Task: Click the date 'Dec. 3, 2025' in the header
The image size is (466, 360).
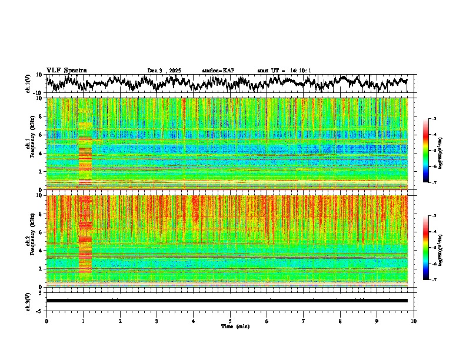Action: (164, 71)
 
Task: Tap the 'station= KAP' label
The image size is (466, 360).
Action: (218, 71)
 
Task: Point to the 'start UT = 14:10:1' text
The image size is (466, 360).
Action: (284, 71)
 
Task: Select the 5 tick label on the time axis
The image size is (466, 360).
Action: (230, 321)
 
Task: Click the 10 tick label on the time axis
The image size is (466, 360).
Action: (414, 321)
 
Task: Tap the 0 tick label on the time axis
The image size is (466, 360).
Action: (46, 321)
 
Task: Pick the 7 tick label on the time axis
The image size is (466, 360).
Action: (304, 321)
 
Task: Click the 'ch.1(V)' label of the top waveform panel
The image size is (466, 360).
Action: (28, 84)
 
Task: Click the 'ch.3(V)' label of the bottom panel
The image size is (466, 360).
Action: (28, 301)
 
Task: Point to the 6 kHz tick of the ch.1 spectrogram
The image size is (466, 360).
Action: (42, 135)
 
